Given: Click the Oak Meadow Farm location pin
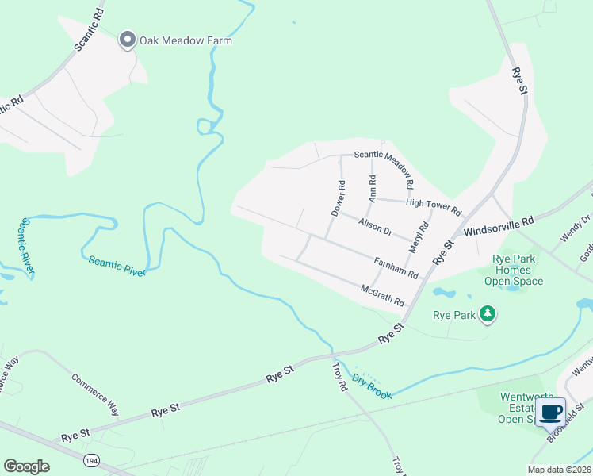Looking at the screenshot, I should pyautogui.click(x=127, y=40).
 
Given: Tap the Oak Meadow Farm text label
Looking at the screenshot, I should pyautogui.click(x=186, y=40).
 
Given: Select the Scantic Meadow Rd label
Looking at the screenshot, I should pyautogui.click(x=384, y=169).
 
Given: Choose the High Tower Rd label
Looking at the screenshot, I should pyautogui.click(x=433, y=207).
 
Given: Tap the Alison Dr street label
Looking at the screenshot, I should pyautogui.click(x=375, y=228).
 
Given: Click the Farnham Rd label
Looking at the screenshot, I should pyautogui.click(x=396, y=267).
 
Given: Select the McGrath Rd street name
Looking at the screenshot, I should pyautogui.click(x=383, y=296).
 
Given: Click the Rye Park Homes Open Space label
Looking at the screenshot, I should pyautogui.click(x=513, y=270).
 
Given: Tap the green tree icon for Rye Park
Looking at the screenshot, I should pyautogui.click(x=488, y=315).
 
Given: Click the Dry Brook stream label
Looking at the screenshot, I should pyautogui.click(x=373, y=386).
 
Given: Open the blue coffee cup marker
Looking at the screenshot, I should pyautogui.click(x=551, y=412).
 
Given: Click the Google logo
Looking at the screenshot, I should pyautogui.click(x=26, y=466).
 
